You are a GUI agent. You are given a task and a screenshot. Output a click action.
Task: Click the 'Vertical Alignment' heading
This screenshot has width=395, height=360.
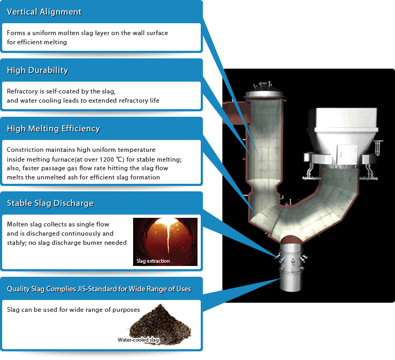44,12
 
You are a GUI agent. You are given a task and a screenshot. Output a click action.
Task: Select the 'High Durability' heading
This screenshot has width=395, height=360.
37,70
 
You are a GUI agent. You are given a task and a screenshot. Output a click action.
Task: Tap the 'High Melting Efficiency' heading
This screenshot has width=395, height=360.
53,129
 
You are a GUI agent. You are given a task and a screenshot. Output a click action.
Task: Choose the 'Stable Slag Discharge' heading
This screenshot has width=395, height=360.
50,203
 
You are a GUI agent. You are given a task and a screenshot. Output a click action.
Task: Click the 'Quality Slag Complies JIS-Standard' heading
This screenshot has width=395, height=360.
98,289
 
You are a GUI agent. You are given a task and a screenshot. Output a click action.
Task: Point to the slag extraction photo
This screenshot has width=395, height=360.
166,241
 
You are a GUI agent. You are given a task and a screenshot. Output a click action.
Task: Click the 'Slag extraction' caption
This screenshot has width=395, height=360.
153,261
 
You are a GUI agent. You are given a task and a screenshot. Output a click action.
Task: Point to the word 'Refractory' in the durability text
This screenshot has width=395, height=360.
22,91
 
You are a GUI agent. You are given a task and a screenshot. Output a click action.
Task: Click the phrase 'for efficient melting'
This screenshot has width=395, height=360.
37,42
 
